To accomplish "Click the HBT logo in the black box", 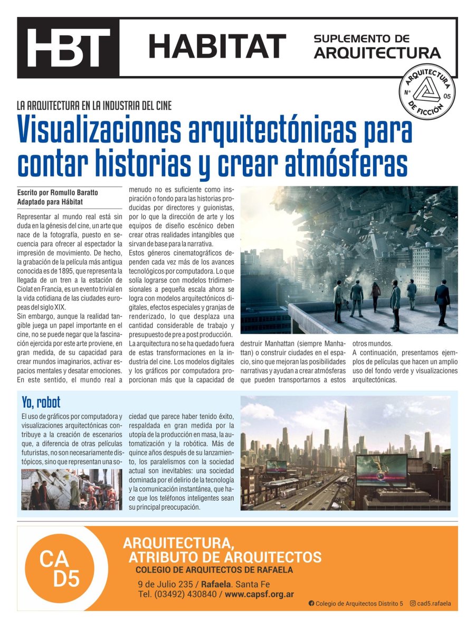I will [x=68, y=48].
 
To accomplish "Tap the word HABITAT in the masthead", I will [x=217, y=46].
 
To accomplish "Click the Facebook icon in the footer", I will [x=311, y=604].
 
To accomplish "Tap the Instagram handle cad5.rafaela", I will [x=433, y=604].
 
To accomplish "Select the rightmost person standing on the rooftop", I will [x=442, y=303].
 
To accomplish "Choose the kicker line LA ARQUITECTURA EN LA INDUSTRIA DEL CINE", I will [x=94, y=105].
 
